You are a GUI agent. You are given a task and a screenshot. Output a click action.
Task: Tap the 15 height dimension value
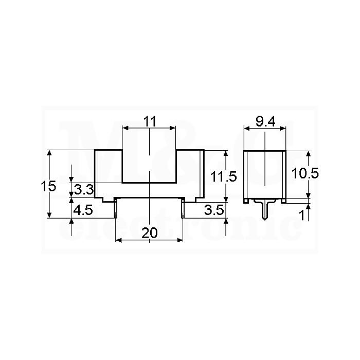(48, 186)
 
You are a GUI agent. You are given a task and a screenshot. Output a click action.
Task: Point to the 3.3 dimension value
(84, 190)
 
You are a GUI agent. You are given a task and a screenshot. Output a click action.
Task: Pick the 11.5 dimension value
(223, 177)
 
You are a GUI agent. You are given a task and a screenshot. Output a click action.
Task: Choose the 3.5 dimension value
(214, 210)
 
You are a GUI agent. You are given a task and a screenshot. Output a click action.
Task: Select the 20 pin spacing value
(150, 232)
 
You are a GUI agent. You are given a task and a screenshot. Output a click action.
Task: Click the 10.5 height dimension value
(305, 173)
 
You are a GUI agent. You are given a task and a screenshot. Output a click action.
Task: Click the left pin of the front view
(116, 208)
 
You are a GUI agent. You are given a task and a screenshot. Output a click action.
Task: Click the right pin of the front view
(183, 208)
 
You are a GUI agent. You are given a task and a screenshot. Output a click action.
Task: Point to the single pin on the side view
(265, 211)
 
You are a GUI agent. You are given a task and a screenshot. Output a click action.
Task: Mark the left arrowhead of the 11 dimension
(125, 128)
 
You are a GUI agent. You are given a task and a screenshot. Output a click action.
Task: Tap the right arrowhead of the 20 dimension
(180, 240)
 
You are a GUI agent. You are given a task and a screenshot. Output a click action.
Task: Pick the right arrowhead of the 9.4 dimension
(283, 128)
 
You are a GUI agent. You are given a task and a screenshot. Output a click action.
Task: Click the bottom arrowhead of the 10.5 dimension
(309, 195)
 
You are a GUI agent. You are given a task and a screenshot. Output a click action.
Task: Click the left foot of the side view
(246, 201)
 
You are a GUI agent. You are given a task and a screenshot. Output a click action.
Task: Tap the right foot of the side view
(284, 201)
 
